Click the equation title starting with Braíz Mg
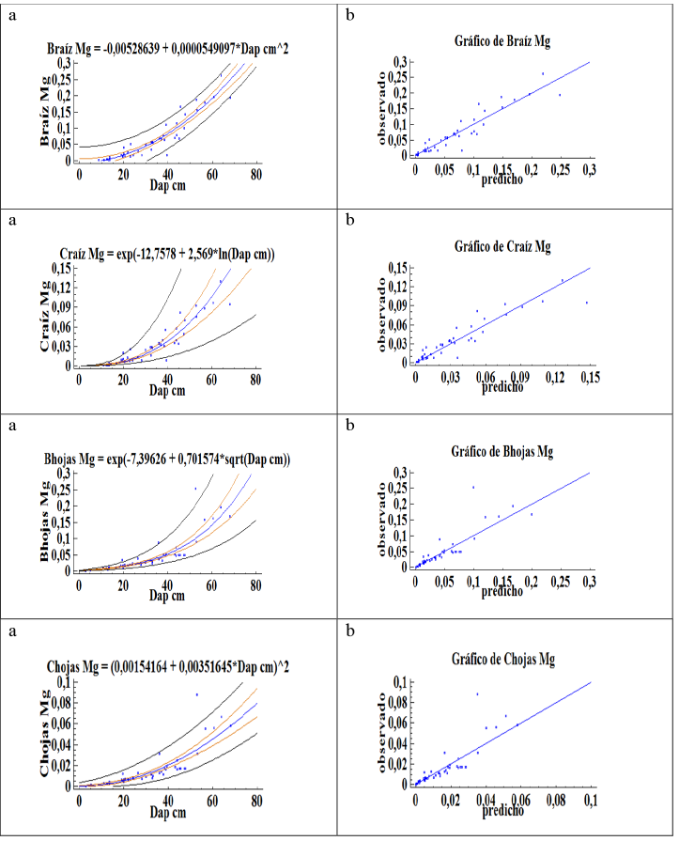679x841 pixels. click(x=168, y=47)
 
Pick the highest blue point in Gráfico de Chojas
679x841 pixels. click(x=477, y=694)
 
